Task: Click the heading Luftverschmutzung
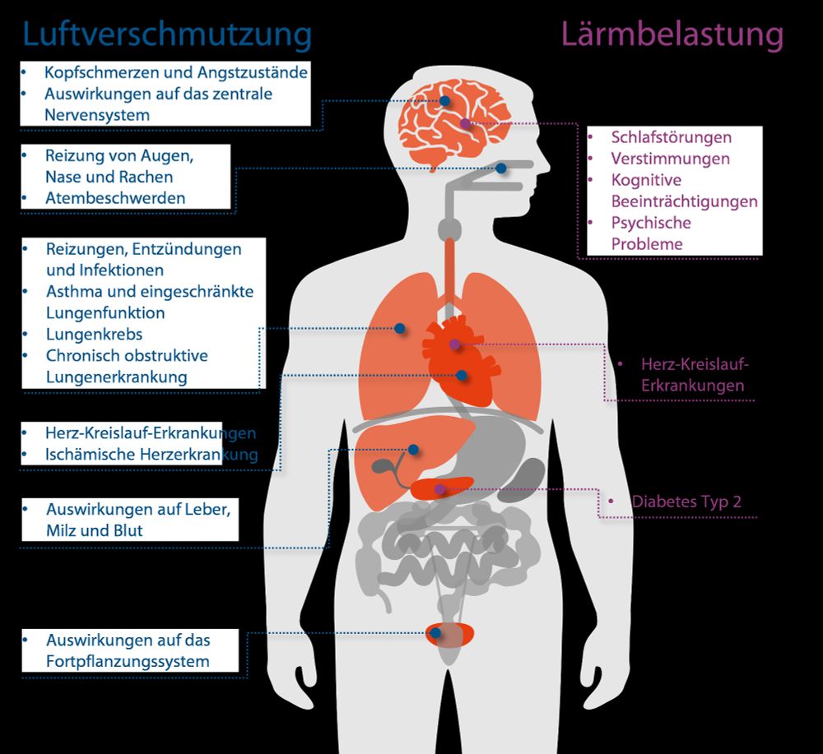click(x=167, y=35)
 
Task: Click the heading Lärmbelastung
click(x=672, y=35)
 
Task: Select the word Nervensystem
click(x=97, y=115)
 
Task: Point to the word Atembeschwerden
click(x=115, y=198)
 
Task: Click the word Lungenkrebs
click(x=94, y=335)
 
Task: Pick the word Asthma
click(x=72, y=291)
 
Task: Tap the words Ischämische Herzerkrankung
click(x=151, y=455)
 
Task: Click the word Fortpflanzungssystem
click(x=128, y=661)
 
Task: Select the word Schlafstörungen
click(x=671, y=137)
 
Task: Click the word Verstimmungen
click(x=670, y=159)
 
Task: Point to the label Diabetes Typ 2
click(x=691, y=502)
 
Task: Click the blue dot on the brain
click(x=444, y=101)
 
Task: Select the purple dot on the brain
click(x=465, y=123)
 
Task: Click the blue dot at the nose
click(x=501, y=169)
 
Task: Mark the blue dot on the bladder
click(x=435, y=633)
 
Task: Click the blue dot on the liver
click(x=412, y=450)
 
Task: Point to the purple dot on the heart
click(x=453, y=344)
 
